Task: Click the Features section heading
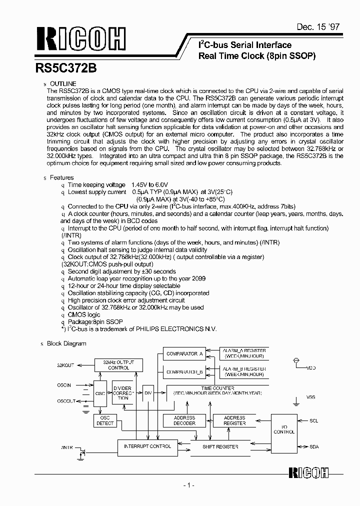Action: pos(60,177)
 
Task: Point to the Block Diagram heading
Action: pos(66,343)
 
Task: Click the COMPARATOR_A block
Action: pos(184,354)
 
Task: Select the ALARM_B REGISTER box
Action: pos(245,371)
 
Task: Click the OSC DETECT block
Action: pos(105,420)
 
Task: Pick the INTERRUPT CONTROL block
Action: pos(147,446)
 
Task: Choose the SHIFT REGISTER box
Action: pos(220,446)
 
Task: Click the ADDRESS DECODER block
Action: pos(184,420)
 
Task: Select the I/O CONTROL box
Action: pos(284,428)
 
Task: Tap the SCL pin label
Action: pos(313,421)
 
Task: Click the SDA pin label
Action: pos(313,446)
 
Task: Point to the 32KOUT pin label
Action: pos(65,365)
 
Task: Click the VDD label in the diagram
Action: pos(311,368)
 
